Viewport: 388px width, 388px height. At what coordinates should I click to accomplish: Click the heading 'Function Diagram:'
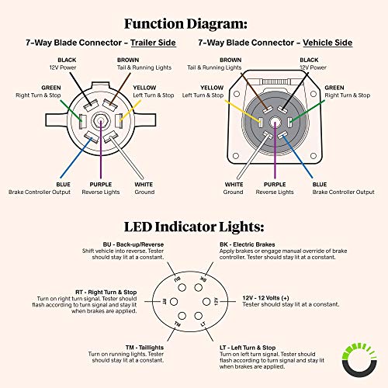pos(193,23)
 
